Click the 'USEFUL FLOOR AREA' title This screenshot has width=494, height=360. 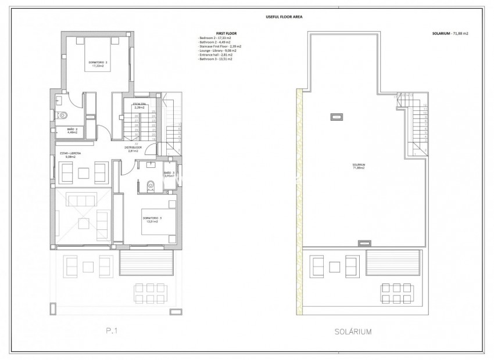(x=248, y=17)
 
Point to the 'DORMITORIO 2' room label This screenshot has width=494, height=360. (x=97, y=63)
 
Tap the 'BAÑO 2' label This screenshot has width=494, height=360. (x=71, y=130)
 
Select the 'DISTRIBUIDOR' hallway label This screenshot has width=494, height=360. (x=134, y=149)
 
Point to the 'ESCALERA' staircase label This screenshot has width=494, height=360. (x=139, y=105)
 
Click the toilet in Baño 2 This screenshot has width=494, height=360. (x=64, y=115)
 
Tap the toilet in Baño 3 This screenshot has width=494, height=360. (x=151, y=185)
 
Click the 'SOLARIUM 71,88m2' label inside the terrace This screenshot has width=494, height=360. (x=359, y=166)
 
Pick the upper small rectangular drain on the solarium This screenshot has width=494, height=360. (x=337, y=117)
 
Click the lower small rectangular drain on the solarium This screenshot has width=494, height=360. (x=364, y=242)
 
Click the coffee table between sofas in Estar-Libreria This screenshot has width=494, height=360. (x=84, y=171)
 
